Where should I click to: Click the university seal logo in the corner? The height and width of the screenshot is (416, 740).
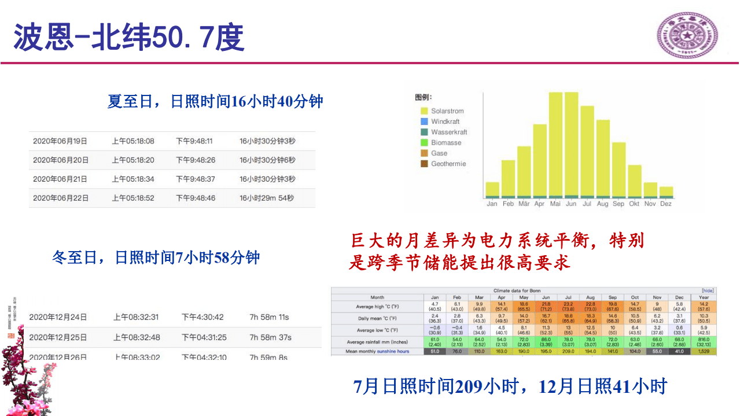(686, 35)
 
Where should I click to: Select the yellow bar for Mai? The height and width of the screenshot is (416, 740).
(555, 145)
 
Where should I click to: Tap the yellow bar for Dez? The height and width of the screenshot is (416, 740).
(666, 192)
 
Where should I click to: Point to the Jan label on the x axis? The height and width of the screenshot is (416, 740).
(492, 204)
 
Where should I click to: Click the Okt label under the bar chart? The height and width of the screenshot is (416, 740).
(635, 204)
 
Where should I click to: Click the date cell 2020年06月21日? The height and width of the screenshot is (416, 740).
(60, 179)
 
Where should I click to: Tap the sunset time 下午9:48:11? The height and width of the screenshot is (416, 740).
(194, 141)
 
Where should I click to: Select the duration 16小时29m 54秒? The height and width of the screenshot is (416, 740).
(267, 198)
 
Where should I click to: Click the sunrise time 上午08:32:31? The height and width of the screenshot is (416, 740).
(136, 317)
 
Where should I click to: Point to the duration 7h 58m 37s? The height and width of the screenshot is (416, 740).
(270, 337)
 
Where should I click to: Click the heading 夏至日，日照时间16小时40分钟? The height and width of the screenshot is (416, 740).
(215, 102)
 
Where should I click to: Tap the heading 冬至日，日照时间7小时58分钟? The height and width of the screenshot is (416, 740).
(156, 257)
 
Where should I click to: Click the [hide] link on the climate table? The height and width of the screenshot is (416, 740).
(708, 290)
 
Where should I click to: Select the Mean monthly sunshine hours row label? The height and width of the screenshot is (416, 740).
(377, 351)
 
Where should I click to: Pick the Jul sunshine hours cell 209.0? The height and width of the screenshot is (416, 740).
(569, 351)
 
